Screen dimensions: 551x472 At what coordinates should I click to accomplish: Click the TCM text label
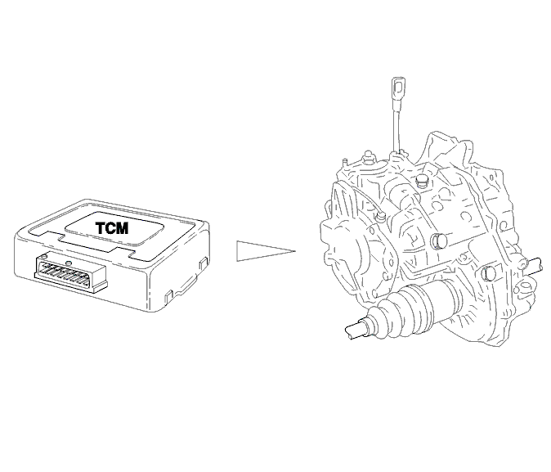(x=112, y=228)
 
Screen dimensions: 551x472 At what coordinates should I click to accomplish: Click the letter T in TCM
(x=101, y=228)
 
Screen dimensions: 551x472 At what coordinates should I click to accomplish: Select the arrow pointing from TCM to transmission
(x=266, y=251)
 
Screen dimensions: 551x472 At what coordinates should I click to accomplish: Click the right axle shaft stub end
(x=535, y=265)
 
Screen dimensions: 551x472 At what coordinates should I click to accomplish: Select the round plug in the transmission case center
(x=439, y=241)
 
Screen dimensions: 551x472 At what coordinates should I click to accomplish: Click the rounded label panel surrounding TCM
(x=114, y=228)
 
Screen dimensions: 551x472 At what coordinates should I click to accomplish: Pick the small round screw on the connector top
(x=69, y=263)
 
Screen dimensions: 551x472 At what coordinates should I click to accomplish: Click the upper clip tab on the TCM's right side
(x=204, y=263)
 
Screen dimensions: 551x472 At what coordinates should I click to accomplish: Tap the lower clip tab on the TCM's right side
(x=169, y=296)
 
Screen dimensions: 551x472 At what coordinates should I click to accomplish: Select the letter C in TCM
(x=110, y=228)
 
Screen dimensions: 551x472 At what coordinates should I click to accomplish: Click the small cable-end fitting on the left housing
(x=380, y=217)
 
